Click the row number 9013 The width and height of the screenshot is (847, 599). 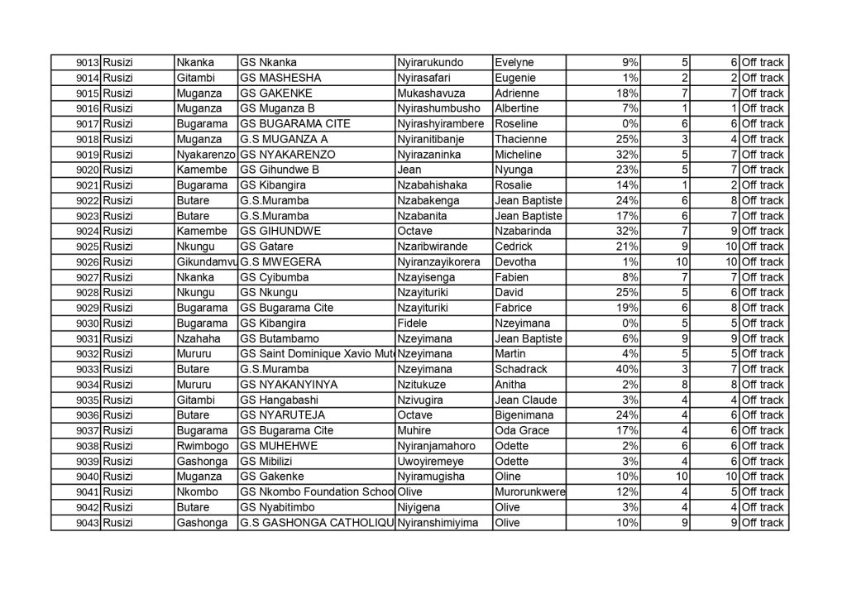88,62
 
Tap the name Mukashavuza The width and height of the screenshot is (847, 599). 431,93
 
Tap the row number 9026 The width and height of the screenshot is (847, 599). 88,261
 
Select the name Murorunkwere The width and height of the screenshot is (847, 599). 529,492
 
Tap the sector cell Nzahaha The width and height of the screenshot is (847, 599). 197,338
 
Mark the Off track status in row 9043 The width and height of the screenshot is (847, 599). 762,523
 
